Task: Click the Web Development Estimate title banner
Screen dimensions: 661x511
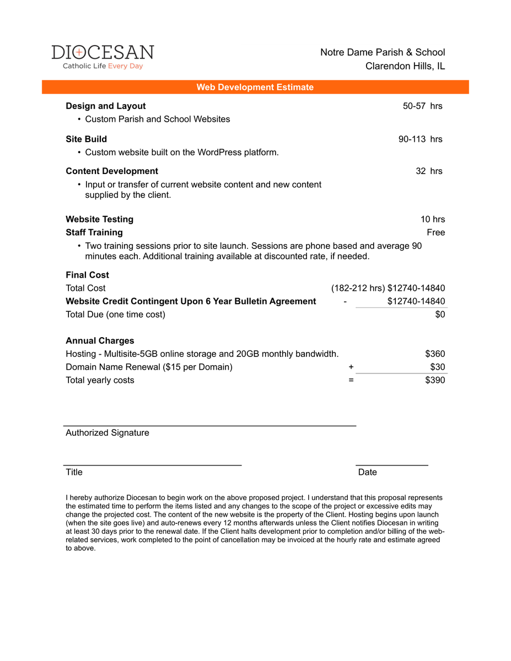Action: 255,87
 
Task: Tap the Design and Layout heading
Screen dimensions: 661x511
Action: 106,106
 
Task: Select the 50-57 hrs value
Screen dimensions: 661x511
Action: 422,106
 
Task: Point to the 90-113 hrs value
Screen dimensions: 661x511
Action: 420,139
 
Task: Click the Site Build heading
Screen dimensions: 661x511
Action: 87,139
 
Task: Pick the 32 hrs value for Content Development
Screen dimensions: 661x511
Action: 429,171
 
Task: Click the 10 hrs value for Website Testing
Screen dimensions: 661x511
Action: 433,219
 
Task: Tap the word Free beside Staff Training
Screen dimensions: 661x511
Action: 435,232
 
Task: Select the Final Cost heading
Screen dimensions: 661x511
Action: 88,275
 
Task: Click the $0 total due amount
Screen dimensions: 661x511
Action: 440,315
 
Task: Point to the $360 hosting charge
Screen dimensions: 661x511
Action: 435,354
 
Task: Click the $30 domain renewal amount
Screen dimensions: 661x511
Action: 438,367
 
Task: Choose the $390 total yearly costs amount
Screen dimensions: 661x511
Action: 435,380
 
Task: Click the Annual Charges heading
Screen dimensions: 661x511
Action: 100,340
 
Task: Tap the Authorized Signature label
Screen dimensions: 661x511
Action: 107,432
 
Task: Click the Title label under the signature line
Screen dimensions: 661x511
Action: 74,472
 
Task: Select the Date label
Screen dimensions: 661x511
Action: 368,472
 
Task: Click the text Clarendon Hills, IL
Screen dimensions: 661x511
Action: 405,66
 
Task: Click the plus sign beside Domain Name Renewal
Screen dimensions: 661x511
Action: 351,367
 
